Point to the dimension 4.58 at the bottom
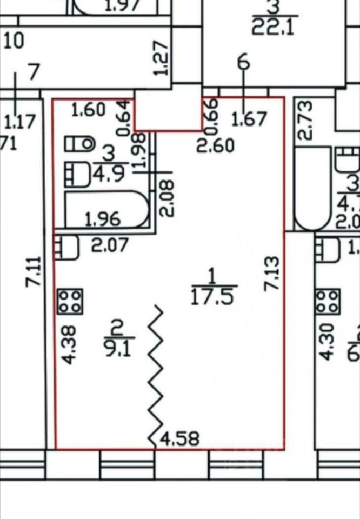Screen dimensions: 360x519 coord(179,438)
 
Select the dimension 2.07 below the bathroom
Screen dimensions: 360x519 coord(110,246)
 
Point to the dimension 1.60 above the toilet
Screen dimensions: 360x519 coord(88,111)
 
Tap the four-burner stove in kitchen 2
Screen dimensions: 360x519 coord(70,301)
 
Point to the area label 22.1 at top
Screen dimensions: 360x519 coord(273,26)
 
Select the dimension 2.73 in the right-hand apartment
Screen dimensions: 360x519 coord(305,120)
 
